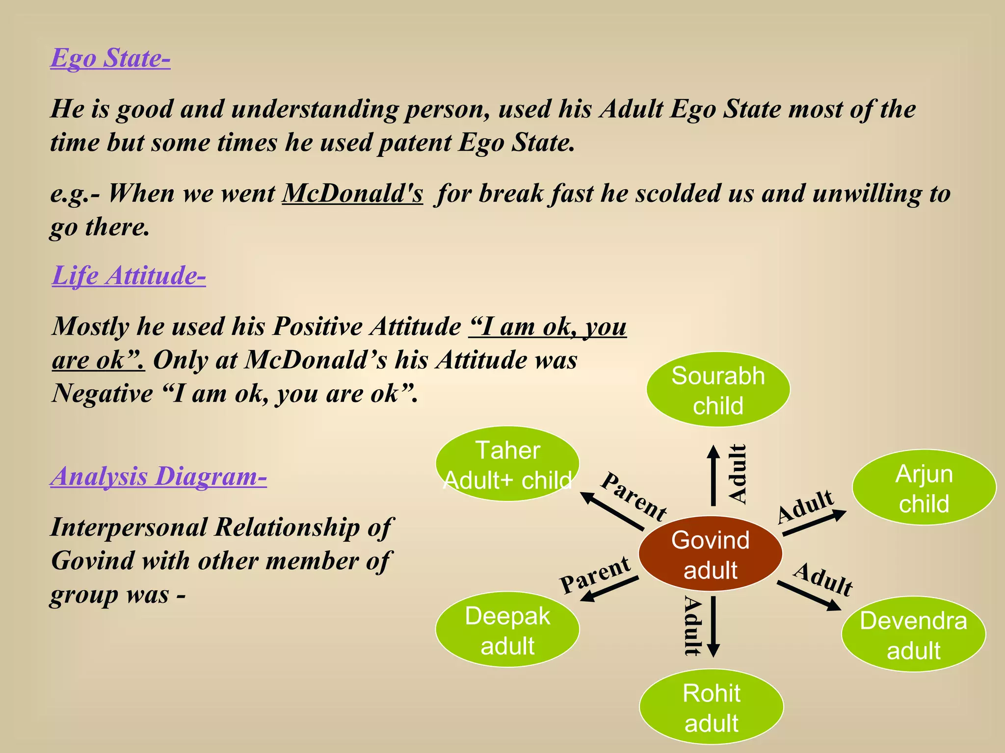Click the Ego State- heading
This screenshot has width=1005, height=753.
(x=110, y=58)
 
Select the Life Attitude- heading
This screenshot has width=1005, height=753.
(x=129, y=276)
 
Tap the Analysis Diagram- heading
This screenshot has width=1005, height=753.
(x=159, y=476)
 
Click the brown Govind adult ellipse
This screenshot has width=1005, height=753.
(x=710, y=554)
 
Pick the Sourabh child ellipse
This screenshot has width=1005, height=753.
(x=718, y=390)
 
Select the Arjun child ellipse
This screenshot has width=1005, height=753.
(x=924, y=488)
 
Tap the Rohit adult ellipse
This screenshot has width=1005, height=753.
(x=711, y=707)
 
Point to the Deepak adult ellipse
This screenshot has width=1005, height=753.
(x=507, y=630)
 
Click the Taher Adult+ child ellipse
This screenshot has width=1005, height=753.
(x=507, y=464)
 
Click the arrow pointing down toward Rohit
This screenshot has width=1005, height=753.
(x=714, y=627)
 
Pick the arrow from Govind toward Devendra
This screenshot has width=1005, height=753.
(x=809, y=596)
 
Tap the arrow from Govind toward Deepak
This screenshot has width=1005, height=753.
(x=609, y=589)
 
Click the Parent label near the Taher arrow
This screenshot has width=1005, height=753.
(x=634, y=496)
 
